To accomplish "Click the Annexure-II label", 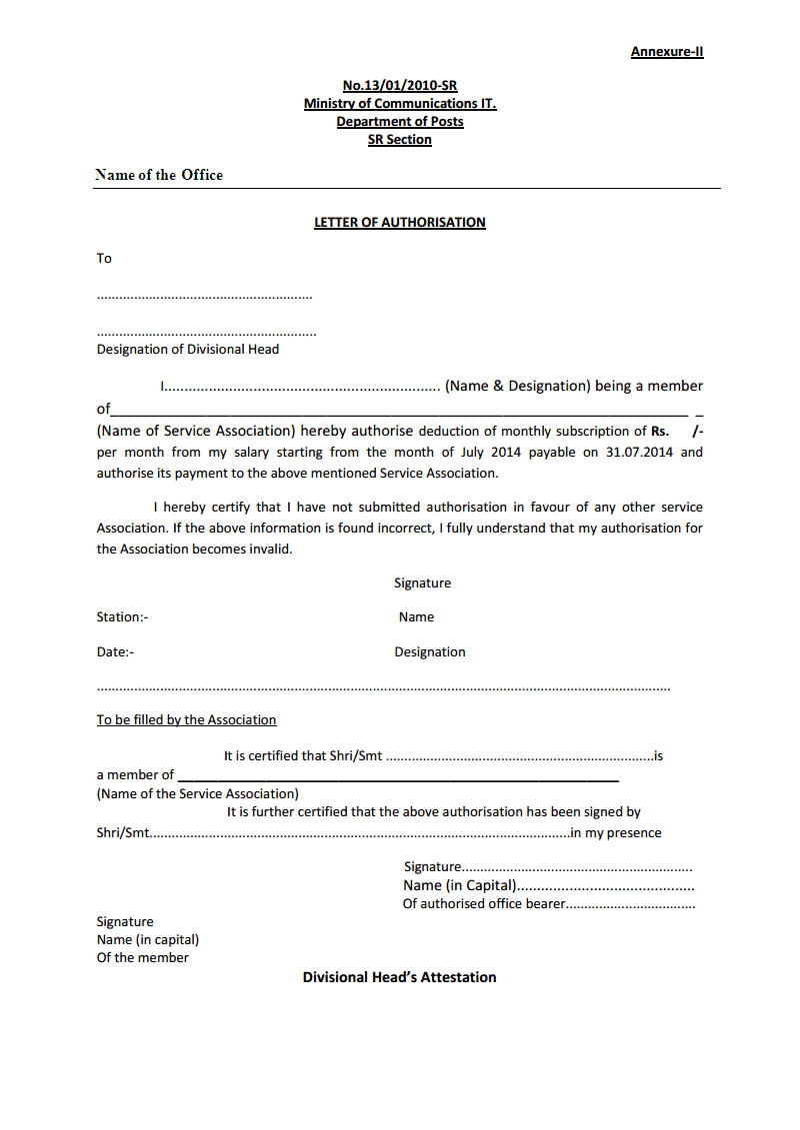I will point(666,52).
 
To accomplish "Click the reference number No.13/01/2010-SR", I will point(400,86).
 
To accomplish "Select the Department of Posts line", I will point(400,122).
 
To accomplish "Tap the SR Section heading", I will point(400,140).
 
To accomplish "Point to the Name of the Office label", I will point(159,175).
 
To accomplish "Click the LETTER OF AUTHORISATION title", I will point(400,223).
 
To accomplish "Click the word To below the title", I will point(104,259).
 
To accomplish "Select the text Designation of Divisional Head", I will point(188,350).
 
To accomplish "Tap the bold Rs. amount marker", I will point(660,432).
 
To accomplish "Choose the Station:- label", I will point(122,617).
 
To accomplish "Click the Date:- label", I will point(115,652).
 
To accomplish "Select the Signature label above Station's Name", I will point(422,583).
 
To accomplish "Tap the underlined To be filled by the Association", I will point(186,720).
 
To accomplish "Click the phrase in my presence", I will point(616,833).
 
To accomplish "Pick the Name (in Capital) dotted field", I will point(548,886).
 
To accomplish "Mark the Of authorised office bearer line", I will point(548,904).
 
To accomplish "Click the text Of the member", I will point(142,958).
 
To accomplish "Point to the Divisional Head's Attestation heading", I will point(400,977).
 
